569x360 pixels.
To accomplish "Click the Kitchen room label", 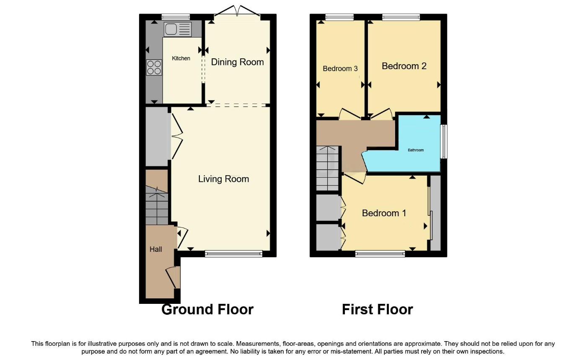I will click(181, 58).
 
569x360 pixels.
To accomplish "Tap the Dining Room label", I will click(237, 62).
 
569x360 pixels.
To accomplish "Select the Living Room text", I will click(223, 179).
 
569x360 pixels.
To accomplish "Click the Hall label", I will click(156, 249).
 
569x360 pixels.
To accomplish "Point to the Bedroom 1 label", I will click(384, 213).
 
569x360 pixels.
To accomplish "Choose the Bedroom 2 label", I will click(404, 66).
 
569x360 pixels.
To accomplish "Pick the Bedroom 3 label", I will click(340, 68).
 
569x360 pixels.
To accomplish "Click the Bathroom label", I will click(416, 150).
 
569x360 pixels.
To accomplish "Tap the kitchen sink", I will click(178, 29).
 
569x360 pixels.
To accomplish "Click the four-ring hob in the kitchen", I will click(154, 67).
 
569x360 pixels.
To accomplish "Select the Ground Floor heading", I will click(207, 309).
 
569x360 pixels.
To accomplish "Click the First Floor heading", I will click(377, 309).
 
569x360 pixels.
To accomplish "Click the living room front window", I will click(233, 253).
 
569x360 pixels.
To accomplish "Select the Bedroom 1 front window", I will click(380, 253).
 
